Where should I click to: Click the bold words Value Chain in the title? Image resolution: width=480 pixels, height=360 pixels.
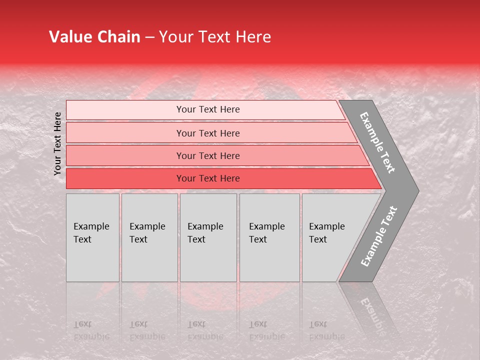94,37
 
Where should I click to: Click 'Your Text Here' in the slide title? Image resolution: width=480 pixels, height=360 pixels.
215,37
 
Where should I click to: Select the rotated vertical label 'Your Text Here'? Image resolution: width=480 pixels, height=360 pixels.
57,143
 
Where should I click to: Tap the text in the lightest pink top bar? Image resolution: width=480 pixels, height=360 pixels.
208,109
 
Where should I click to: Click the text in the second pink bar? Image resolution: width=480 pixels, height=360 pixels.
208,133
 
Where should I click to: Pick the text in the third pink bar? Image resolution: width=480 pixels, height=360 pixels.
208,155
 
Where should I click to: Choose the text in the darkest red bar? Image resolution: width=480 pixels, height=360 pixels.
208,178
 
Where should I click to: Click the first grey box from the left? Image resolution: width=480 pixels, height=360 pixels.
92,237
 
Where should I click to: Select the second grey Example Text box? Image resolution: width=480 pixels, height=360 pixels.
149,237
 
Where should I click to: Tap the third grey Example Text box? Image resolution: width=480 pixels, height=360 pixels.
208,237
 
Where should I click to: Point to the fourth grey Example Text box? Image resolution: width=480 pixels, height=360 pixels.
269,237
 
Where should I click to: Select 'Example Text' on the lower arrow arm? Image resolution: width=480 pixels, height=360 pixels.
379,236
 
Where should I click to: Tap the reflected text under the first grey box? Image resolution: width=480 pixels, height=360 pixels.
91,330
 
